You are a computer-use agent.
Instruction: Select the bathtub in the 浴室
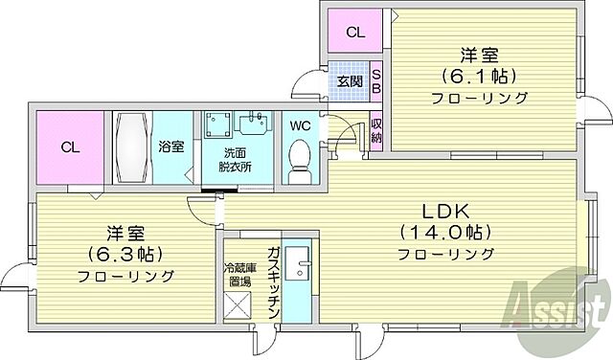tap(131, 147)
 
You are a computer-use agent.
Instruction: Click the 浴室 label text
tap(170, 147)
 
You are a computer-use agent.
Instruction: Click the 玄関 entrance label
tap(350, 81)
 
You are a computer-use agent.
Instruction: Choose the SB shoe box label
tap(376, 81)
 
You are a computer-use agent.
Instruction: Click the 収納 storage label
tap(376, 130)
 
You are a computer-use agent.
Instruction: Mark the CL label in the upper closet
tap(354, 33)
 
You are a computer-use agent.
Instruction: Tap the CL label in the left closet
tap(69, 147)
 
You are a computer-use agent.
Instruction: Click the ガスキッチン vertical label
tap(273, 282)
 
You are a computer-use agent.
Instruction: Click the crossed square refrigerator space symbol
tap(237, 306)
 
